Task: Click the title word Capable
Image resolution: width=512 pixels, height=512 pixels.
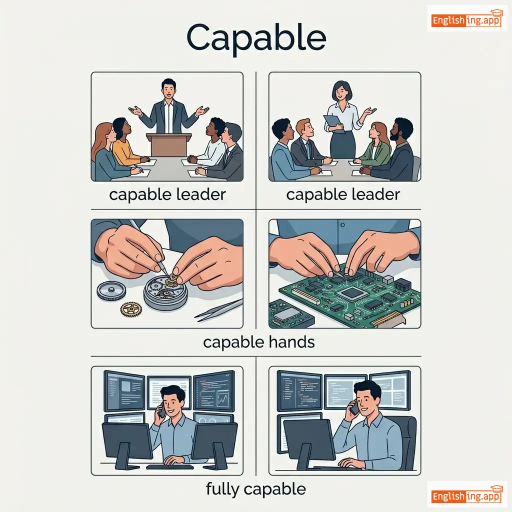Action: pos(256,38)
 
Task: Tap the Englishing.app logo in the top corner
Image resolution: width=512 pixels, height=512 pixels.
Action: pos(466,19)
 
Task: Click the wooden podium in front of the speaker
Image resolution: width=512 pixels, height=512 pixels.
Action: pos(169,144)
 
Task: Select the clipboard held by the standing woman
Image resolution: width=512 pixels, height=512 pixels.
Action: pos(333,123)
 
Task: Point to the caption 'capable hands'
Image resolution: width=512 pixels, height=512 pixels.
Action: pos(258,342)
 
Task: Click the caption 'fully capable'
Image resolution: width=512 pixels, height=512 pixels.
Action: pos(256,489)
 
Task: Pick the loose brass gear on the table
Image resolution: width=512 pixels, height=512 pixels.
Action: pos(131,309)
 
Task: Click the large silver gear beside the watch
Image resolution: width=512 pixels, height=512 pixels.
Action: pos(111,291)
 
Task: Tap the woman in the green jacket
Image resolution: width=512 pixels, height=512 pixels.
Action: pos(376,143)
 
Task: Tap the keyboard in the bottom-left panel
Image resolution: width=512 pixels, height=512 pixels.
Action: pos(170,467)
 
